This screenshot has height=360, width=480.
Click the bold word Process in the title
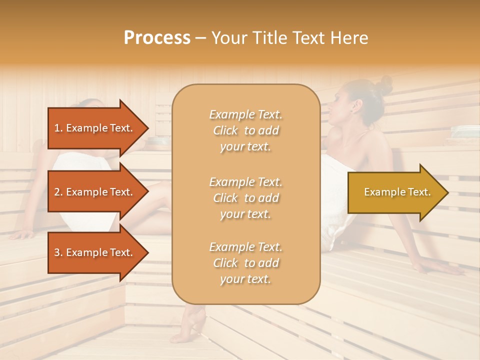coord(157,38)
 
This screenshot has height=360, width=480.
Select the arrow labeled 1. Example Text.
coord(95,128)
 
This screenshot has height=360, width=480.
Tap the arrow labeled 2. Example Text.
coord(95,192)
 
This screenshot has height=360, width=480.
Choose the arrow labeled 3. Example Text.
coord(95,252)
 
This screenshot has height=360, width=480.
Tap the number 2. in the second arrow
coord(58,192)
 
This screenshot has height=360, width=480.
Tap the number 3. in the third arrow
coord(58,252)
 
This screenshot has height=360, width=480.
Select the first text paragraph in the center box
coord(245,130)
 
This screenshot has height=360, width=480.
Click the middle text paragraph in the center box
coord(245,198)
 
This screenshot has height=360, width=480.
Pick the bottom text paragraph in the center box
coord(245,263)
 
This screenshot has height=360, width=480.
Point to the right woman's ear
coord(356,106)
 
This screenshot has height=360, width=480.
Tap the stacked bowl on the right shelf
coord(465,131)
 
